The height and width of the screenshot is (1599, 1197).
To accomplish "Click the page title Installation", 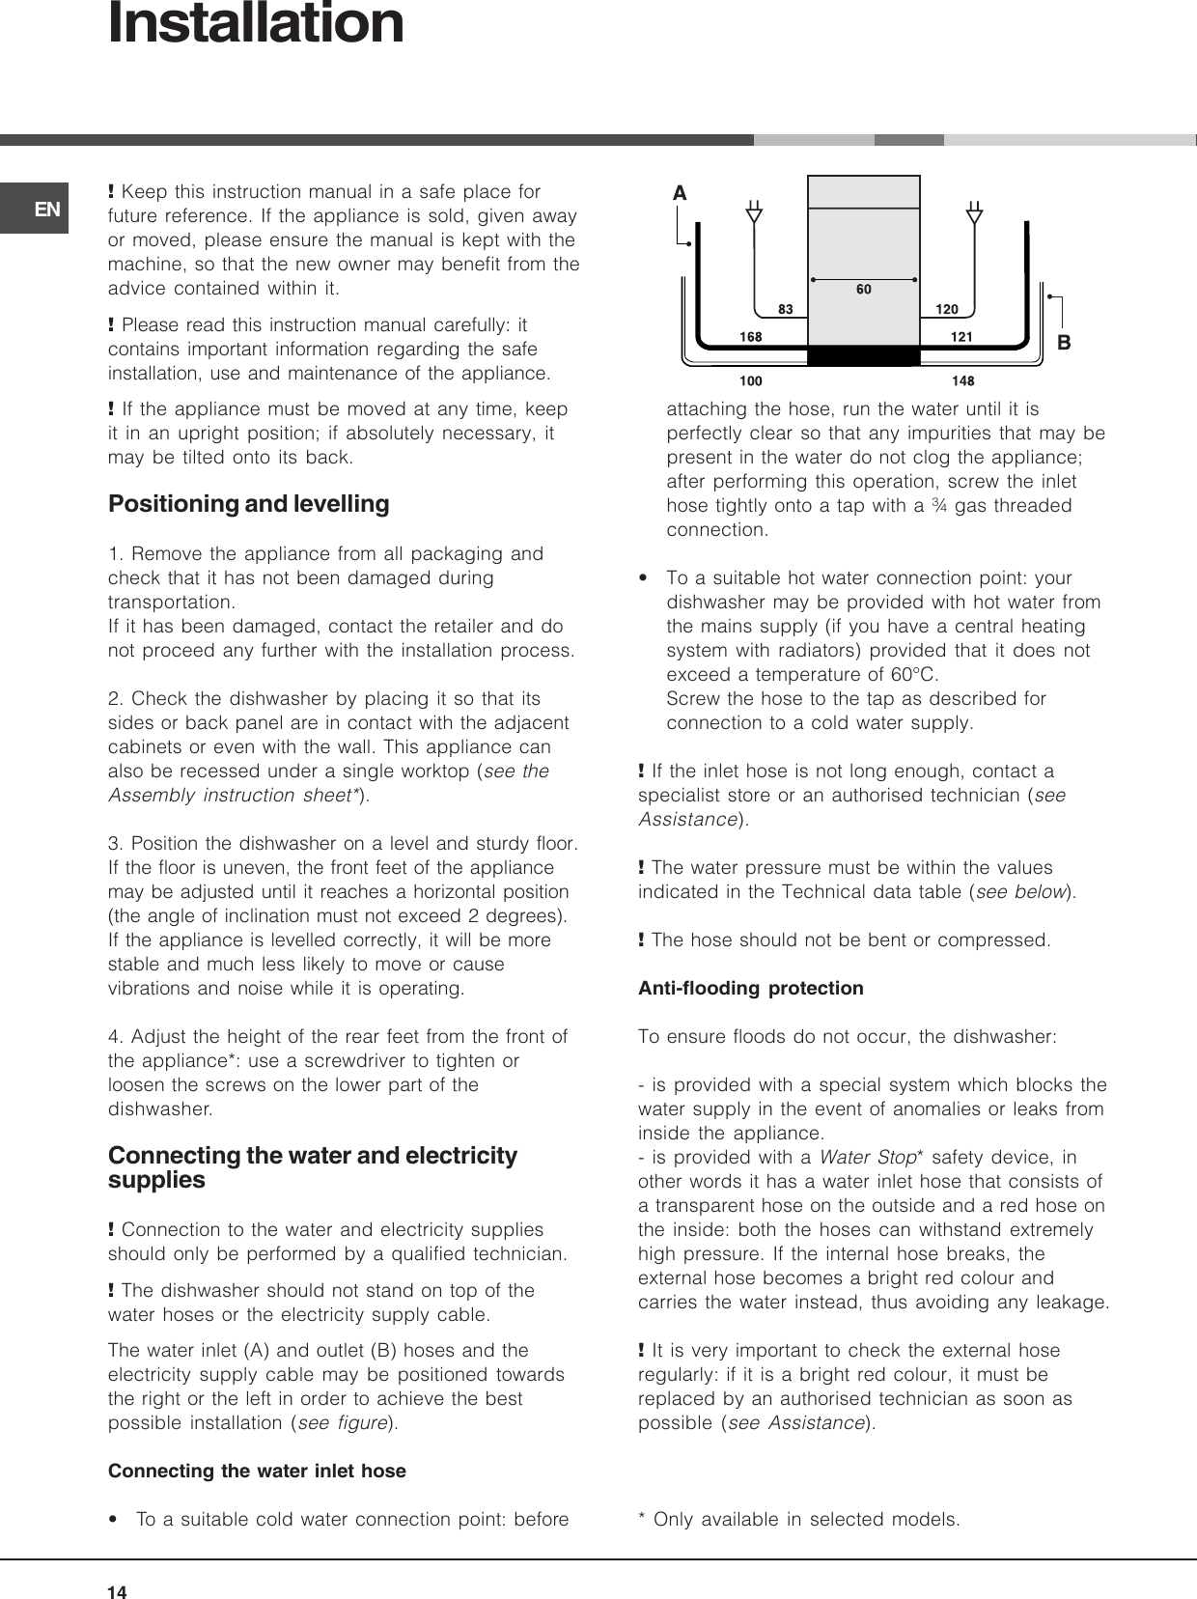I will pos(256,24).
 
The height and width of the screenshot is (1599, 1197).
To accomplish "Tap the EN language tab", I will pos(47,209).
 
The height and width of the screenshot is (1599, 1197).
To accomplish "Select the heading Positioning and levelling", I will pos(248,504).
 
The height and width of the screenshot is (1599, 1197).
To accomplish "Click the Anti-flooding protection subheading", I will pos(750,988).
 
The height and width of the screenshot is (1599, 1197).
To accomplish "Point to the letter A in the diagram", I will pos(680,194).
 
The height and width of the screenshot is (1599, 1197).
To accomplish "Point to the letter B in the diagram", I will pos(1065,343).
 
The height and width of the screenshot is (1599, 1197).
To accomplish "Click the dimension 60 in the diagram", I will pos(863,290).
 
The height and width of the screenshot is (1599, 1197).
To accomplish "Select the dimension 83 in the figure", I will pos(785,310).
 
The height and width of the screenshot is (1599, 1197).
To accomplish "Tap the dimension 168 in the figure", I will pos(750,337).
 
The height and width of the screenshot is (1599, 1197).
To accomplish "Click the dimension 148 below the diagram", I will pos(962,381).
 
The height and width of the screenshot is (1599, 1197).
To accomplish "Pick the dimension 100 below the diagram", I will pos(750,381).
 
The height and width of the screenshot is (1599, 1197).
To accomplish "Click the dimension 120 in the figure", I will pos(947,310).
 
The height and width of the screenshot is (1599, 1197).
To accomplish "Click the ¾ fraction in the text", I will pos(939,505).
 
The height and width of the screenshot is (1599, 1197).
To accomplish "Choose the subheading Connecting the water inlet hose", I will pos(257,1471).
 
